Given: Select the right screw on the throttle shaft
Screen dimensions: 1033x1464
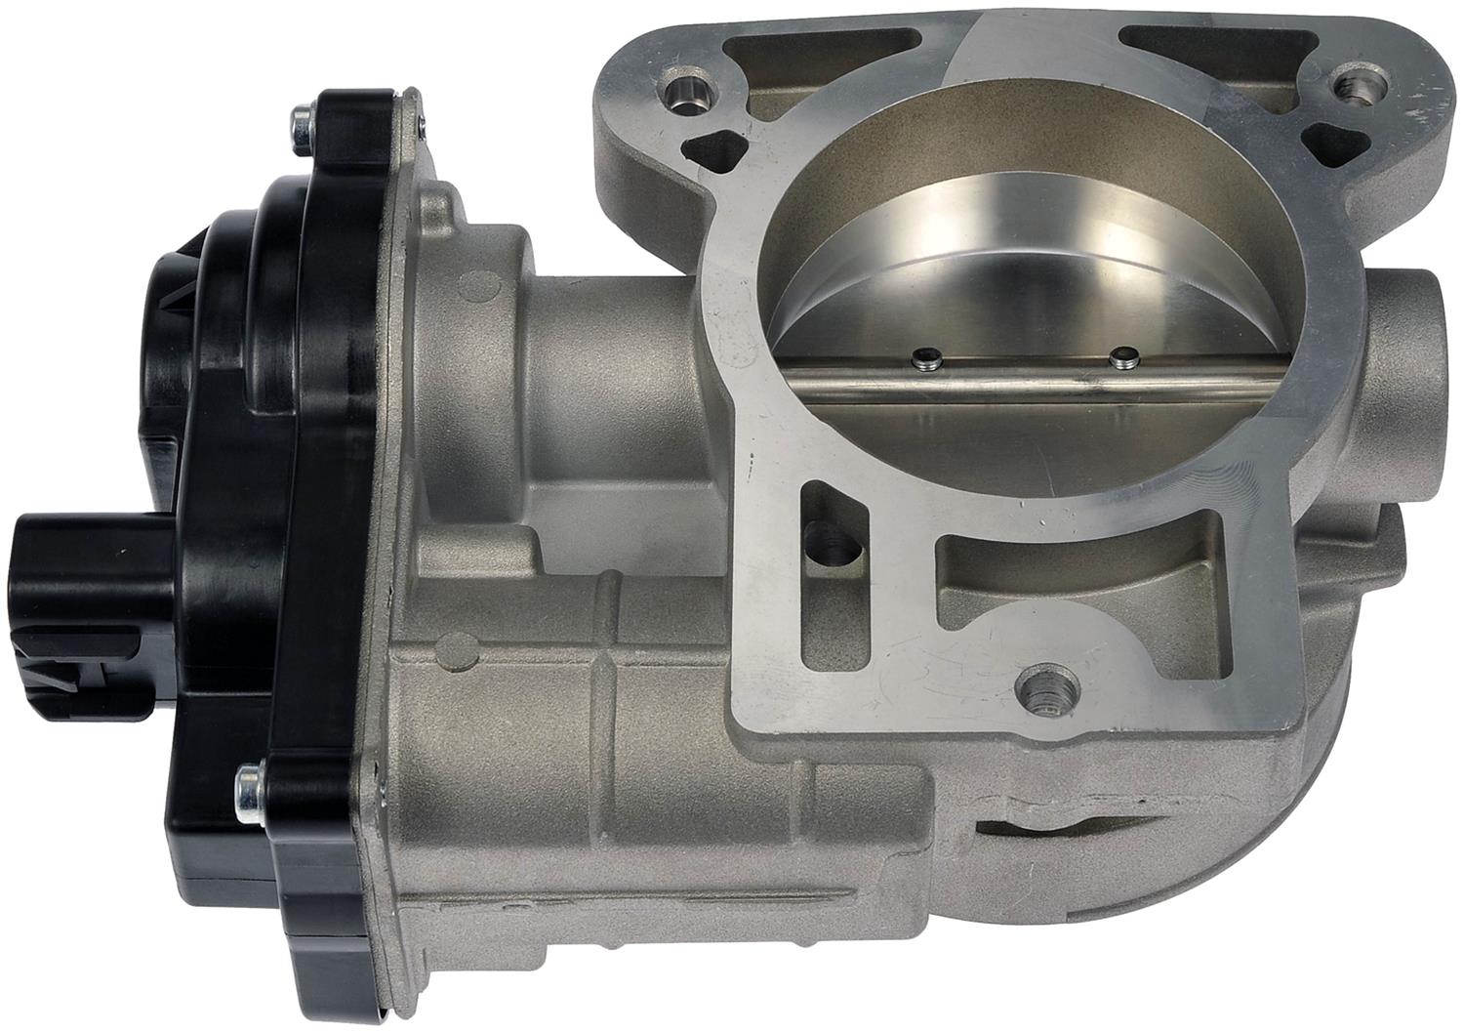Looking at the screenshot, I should pyautogui.click(x=1122, y=357).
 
